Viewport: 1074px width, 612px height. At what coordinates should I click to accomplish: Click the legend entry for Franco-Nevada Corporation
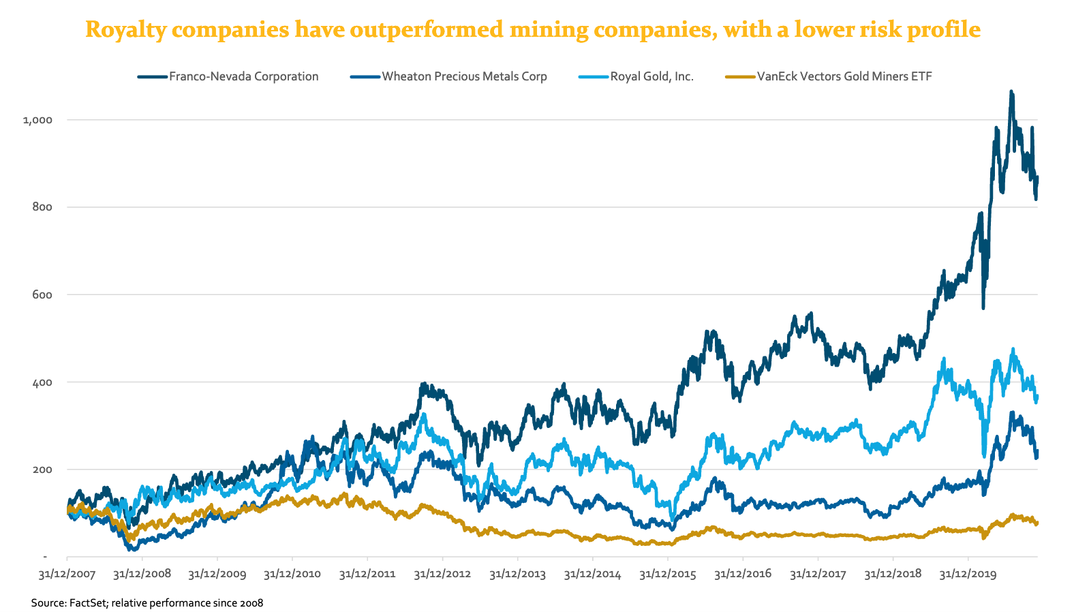[x=243, y=76]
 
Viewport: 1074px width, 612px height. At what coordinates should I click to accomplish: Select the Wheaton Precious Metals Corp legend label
[x=464, y=76]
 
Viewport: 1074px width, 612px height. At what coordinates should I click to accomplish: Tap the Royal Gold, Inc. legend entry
[x=651, y=76]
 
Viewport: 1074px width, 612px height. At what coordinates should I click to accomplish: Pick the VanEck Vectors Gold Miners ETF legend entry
[x=844, y=76]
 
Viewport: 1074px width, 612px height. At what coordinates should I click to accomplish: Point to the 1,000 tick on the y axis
[x=37, y=120]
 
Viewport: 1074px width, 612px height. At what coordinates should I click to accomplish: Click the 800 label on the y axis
[x=42, y=207]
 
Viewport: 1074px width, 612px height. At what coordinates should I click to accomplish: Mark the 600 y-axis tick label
[x=42, y=294]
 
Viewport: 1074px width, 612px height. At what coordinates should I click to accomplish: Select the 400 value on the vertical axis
[x=42, y=382]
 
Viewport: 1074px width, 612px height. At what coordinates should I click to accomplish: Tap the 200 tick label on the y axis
[x=42, y=470]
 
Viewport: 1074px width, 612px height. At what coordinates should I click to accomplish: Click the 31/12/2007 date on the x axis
[x=67, y=575]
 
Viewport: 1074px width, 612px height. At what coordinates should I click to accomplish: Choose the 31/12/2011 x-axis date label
[x=367, y=575]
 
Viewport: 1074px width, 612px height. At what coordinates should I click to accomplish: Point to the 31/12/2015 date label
[x=668, y=575]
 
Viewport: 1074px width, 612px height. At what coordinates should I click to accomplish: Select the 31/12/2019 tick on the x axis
[x=968, y=575]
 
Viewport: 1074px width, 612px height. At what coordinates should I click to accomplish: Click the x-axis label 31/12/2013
[x=517, y=575]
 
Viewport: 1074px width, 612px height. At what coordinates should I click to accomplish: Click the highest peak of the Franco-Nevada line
[x=1011, y=91]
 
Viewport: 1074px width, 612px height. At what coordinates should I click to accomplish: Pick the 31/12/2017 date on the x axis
[x=818, y=575]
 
